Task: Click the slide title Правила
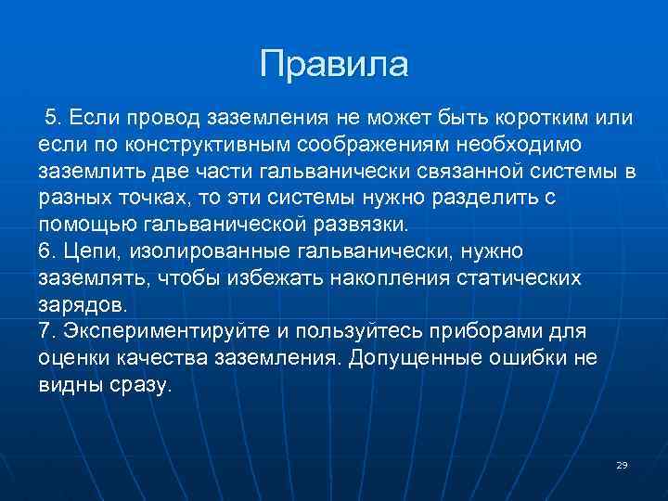[334, 64]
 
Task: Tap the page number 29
[622, 465]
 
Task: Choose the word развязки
[360, 225]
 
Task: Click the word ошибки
[535, 359]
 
